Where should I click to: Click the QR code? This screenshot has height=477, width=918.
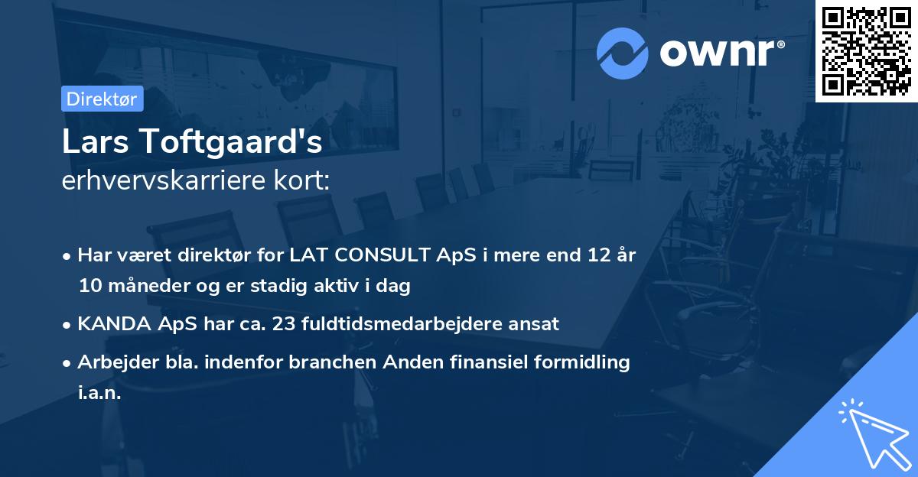click(866, 50)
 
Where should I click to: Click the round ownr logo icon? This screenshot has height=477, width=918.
click(623, 53)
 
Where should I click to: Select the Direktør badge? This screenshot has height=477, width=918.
click(102, 99)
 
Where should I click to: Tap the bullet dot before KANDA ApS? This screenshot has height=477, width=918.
click(68, 324)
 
